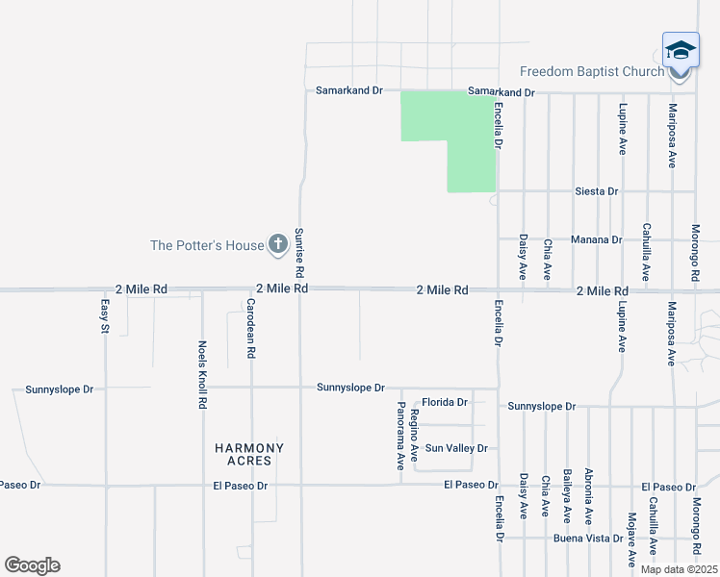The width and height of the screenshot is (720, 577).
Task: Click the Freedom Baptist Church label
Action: [592, 71]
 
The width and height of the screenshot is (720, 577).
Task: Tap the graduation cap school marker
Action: [681, 50]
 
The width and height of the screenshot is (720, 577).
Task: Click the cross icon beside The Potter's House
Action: [277, 244]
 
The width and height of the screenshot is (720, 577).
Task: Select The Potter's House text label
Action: [207, 245]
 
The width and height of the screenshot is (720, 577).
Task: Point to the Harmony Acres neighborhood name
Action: [249, 454]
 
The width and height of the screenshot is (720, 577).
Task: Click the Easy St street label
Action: [105, 316]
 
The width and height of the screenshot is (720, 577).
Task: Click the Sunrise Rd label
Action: [299, 251]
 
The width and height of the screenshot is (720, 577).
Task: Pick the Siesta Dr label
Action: [596, 191]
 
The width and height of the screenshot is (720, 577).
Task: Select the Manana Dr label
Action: [596, 238]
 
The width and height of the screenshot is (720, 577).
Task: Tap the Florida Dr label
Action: [445, 402]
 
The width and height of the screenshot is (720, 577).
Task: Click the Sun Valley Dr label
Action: [456, 448]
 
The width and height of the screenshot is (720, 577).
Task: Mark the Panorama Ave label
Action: [400, 436]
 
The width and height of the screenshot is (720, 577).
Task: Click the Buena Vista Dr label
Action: [587, 538]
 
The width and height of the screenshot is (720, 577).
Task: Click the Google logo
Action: [32, 565]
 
